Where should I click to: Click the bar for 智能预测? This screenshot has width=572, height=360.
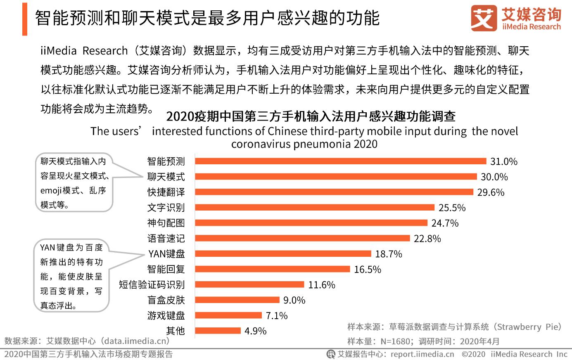340,161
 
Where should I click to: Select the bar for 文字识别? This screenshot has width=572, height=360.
314,207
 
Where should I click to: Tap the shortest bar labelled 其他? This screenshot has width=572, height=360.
218,331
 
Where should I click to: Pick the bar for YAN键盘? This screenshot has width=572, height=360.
283,253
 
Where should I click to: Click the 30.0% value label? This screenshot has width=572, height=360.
494,177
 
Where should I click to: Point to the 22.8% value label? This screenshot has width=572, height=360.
427,239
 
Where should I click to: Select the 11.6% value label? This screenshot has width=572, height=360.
321,285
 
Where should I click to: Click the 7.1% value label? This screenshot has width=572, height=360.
276,316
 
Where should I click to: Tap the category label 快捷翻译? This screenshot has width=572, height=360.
166,192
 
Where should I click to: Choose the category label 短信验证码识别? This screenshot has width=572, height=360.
152,285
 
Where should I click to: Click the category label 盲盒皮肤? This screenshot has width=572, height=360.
166,300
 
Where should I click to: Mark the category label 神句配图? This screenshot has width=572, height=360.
166,223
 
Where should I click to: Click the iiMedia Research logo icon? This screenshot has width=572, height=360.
484,18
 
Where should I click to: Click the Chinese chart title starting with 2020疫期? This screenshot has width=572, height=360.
311,116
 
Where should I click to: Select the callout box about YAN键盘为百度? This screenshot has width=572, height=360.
71,276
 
